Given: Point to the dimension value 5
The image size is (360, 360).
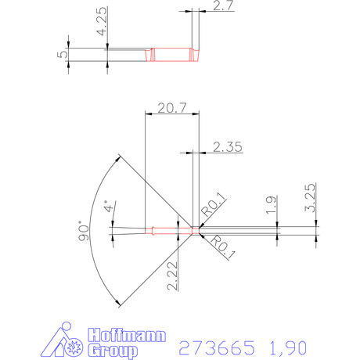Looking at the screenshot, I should coord(62,56).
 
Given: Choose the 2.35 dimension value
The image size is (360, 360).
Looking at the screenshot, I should coord(228,145).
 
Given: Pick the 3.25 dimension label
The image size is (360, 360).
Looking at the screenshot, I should coord(311,196).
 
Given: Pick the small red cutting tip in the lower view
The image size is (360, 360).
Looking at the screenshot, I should coord(195,230).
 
